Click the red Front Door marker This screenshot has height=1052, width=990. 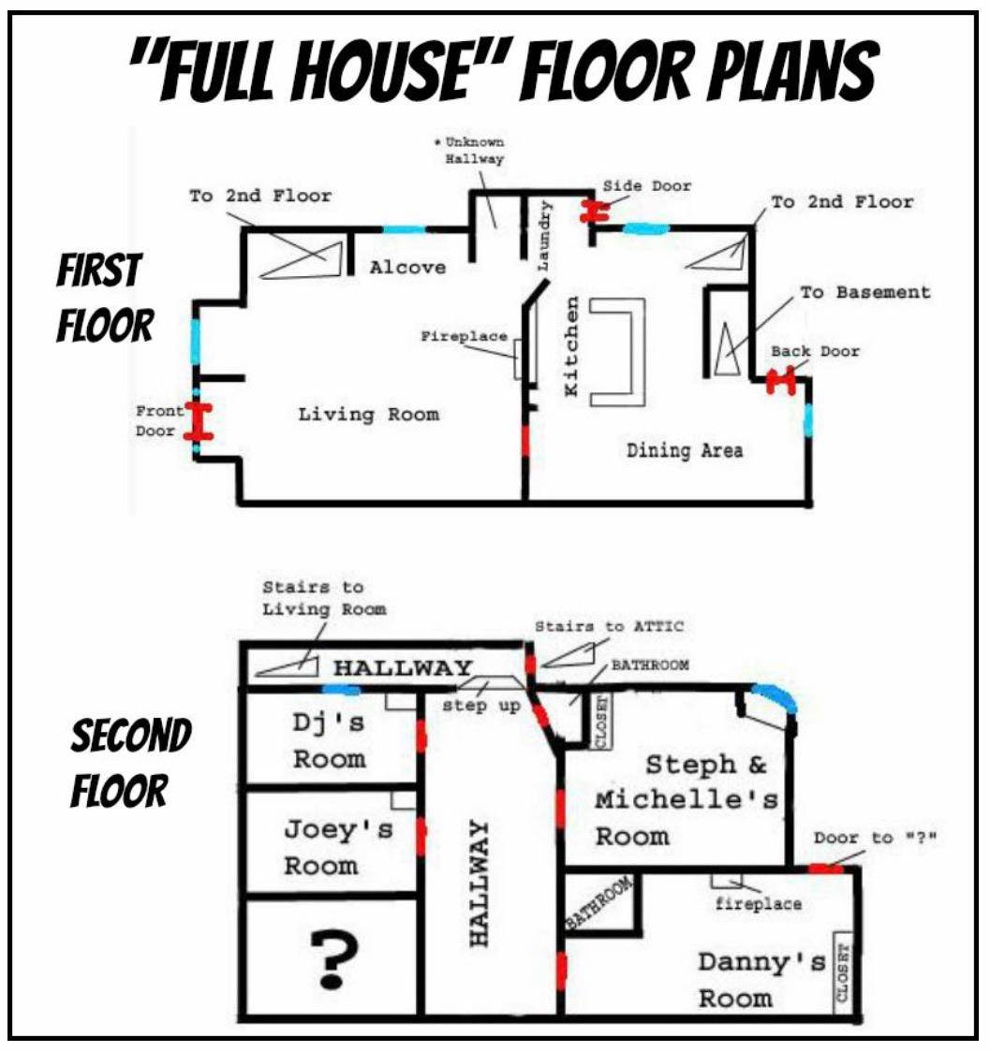198,421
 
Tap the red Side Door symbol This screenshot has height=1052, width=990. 593,212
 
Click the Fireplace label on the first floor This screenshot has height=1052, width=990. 464,337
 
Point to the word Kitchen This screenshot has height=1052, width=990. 572,345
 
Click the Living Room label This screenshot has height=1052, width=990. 368,414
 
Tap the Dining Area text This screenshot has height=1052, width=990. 685,451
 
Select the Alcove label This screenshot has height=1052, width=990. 407,268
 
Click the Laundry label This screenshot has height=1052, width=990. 545,237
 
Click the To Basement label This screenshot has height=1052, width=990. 865,292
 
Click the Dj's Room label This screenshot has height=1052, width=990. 329,739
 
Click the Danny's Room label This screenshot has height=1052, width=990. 761,979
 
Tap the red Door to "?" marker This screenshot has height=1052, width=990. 825,869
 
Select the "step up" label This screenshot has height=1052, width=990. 480,706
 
